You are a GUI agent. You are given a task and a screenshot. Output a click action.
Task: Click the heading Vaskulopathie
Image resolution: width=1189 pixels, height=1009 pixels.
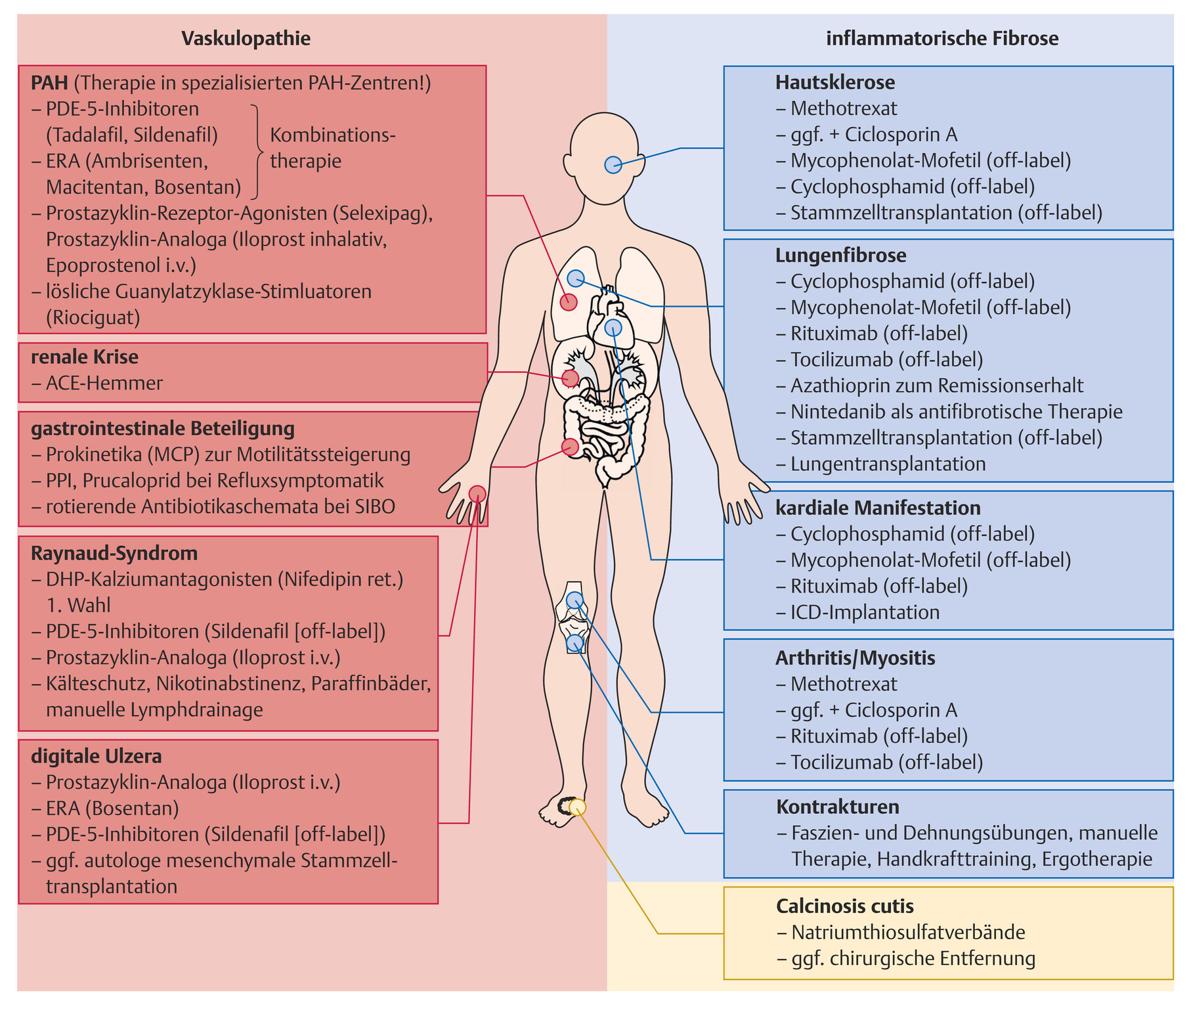[246, 38]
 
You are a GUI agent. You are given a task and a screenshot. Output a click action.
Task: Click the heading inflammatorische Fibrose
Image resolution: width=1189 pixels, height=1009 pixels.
[942, 38]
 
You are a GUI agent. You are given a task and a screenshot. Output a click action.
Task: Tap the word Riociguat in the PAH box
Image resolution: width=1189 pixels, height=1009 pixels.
[93, 317]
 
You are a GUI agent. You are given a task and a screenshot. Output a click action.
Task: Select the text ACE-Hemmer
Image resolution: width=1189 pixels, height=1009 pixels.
[104, 383]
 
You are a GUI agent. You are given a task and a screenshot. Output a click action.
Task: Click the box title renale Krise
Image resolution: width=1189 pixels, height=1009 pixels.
[85, 357]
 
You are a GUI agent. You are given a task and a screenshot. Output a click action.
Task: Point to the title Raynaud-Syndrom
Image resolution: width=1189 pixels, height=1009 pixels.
[114, 553]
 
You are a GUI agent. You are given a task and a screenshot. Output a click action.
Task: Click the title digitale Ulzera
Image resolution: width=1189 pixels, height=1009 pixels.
[96, 756]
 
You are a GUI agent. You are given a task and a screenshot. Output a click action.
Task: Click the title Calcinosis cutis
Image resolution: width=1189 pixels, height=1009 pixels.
[844, 907]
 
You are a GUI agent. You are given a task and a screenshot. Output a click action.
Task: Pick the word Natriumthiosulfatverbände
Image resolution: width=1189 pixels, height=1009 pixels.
[908, 932]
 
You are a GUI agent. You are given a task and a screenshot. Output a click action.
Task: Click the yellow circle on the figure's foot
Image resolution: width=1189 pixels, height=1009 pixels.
[577, 807]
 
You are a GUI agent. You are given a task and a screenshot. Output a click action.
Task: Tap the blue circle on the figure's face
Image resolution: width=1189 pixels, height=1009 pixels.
[613, 164]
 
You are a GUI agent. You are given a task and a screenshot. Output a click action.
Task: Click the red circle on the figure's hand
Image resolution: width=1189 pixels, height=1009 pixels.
[477, 494]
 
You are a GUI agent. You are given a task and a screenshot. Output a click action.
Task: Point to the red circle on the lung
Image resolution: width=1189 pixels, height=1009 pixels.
[569, 302]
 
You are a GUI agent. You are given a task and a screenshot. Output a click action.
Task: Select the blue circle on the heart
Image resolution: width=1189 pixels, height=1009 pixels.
[613, 327]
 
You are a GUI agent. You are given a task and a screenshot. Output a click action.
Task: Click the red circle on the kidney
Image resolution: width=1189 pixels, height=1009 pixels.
[570, 378]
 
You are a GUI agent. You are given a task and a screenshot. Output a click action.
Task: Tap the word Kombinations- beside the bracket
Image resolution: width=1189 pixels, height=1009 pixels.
[333, 135]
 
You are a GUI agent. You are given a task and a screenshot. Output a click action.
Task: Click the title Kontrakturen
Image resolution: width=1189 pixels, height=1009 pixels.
[837, 807]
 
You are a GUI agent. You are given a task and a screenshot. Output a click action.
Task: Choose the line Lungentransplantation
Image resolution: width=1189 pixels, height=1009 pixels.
[888, 464]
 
